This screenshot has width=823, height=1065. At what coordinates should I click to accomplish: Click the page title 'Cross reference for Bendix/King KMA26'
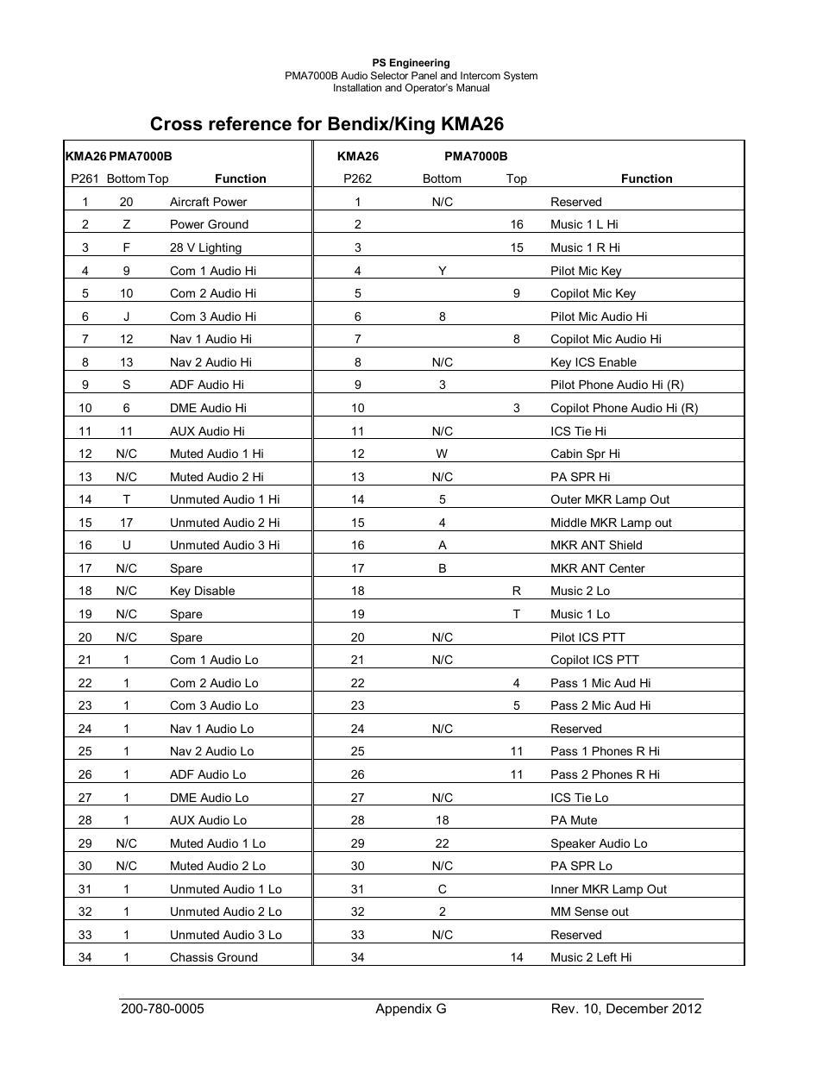coord(326,124)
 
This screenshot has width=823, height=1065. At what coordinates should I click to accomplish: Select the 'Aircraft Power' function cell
coord(208,202)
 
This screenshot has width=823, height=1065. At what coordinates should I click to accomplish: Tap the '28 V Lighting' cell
coord(205,247)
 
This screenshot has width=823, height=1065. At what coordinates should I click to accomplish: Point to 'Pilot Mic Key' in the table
coord(586,271)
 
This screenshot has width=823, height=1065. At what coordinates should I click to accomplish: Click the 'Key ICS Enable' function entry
coord(593,362)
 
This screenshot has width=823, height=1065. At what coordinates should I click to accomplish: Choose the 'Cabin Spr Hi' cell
coord(585,454)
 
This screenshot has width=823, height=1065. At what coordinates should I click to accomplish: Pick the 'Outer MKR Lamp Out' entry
coord(609,499)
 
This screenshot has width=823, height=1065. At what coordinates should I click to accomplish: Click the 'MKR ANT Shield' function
coord(596,545)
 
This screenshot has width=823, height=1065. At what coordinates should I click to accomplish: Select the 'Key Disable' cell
coord(202,591)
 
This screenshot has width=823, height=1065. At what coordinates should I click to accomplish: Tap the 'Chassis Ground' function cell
coord(213,957)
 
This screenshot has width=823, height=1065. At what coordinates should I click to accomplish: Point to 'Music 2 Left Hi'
coord(591,957)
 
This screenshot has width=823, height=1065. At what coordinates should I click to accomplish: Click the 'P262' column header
coord(357,179)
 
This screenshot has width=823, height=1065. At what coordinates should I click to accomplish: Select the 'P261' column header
coord(85,179)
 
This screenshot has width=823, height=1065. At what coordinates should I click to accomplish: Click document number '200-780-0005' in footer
coord(162,1009)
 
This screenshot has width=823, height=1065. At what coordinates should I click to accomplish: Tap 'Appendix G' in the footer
coord(411,1009)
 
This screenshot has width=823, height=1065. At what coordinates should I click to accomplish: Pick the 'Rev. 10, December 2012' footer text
coord(626,1009)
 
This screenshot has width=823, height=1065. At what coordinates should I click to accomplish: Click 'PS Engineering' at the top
coord(411,63)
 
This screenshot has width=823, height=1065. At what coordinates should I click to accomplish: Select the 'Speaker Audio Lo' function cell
coord(599,843)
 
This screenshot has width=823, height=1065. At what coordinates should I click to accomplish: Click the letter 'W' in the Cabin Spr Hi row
coord(442,454)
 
